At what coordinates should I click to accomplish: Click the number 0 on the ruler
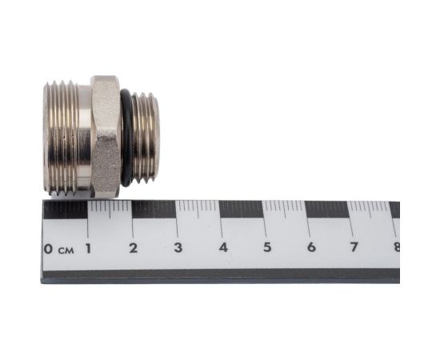pyautogui.click(x=49, y=249)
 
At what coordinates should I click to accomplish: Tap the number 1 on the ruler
pyautogui.click(x=88, y=248)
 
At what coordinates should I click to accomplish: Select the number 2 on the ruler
pyautogui.click(x=133, y=248)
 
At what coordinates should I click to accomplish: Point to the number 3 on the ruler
pyautogui.click(x=178, y=248)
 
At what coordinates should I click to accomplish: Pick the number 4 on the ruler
pyautogui.click(x=222, y=248)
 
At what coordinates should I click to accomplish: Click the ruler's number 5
pyautogui.click(x=266, y=247)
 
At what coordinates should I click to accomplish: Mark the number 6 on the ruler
pyautogui.click(x=310, y=247)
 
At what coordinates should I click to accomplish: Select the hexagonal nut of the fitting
pyautogui.click(x=106, y=136)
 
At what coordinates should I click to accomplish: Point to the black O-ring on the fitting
pyautogui.click(x=126, y=138)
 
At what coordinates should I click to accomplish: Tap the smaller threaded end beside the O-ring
pyautogui.click(x=146, y=138)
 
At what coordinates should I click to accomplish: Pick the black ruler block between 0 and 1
pyautogui.click(x=66, y=210)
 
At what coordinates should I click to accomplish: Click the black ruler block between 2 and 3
pyautogui.click(x=154, y=210)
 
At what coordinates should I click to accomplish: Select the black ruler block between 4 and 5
pyautogui.click(x=242, y=210)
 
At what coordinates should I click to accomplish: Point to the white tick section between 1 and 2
pyautogui.click(x=110, y=210)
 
